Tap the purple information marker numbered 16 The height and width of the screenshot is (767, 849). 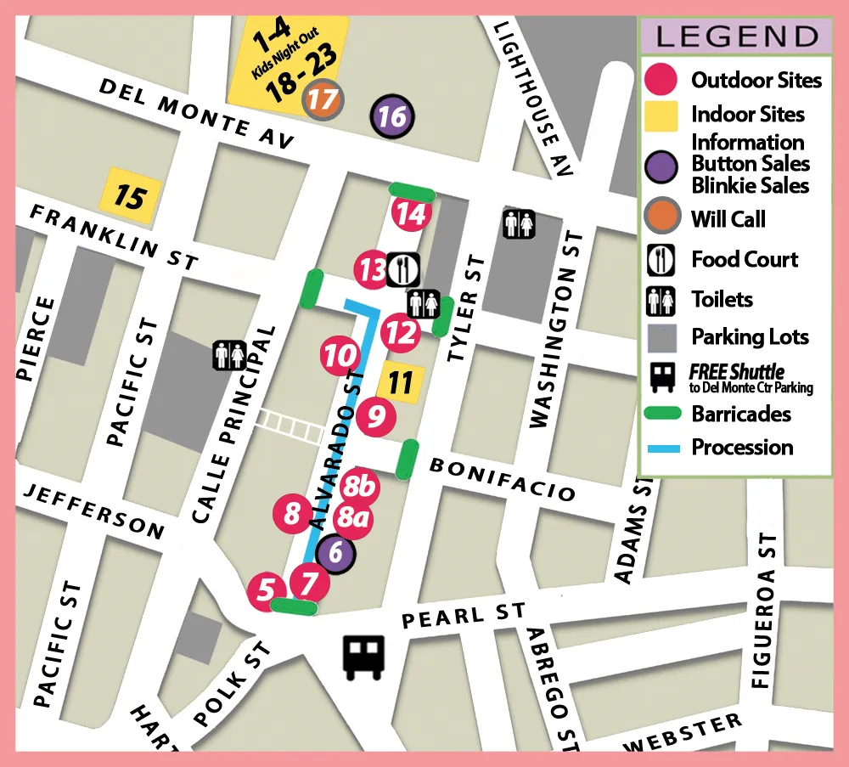(393, 116)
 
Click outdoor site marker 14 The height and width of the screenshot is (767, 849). (411, 214)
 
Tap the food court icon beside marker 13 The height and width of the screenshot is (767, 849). (402, 269)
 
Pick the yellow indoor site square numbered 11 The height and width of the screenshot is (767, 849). (400, 382)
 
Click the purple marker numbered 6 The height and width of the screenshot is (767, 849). (335, 554)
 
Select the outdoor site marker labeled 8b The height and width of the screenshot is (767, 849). (361, 488)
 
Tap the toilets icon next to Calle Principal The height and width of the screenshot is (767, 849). (229, 354)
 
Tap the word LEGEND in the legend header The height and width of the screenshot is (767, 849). (736, 37)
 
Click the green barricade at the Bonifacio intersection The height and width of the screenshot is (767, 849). (409, 459)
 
